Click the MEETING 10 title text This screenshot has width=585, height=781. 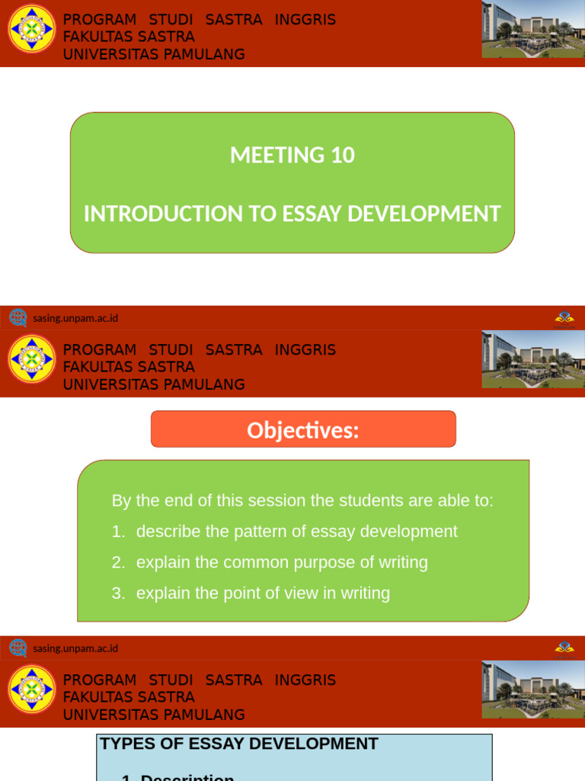(292, 155)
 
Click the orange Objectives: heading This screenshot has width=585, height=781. (303, 430)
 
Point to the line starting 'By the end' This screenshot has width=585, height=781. (302, 500)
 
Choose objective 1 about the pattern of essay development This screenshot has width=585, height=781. (296, 531)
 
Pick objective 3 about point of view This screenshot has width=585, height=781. (263, 593)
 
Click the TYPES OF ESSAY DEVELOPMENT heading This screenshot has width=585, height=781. (239, 744)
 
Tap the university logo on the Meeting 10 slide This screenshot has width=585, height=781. (32, 29)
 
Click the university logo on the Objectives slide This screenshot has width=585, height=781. (32, 358)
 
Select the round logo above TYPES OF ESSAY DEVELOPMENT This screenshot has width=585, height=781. (32, 689)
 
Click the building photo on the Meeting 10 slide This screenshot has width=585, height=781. (532, 30)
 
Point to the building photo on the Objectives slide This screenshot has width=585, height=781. (532, 359)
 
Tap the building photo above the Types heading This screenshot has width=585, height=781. (532, 689)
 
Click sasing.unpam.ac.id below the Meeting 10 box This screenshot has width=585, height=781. (75, 318)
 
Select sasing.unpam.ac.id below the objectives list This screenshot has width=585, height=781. (75, 648)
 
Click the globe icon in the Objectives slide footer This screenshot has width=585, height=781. (18, 648)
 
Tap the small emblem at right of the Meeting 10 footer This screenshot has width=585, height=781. (564, 318)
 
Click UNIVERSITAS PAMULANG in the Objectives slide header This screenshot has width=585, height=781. (154, 384)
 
